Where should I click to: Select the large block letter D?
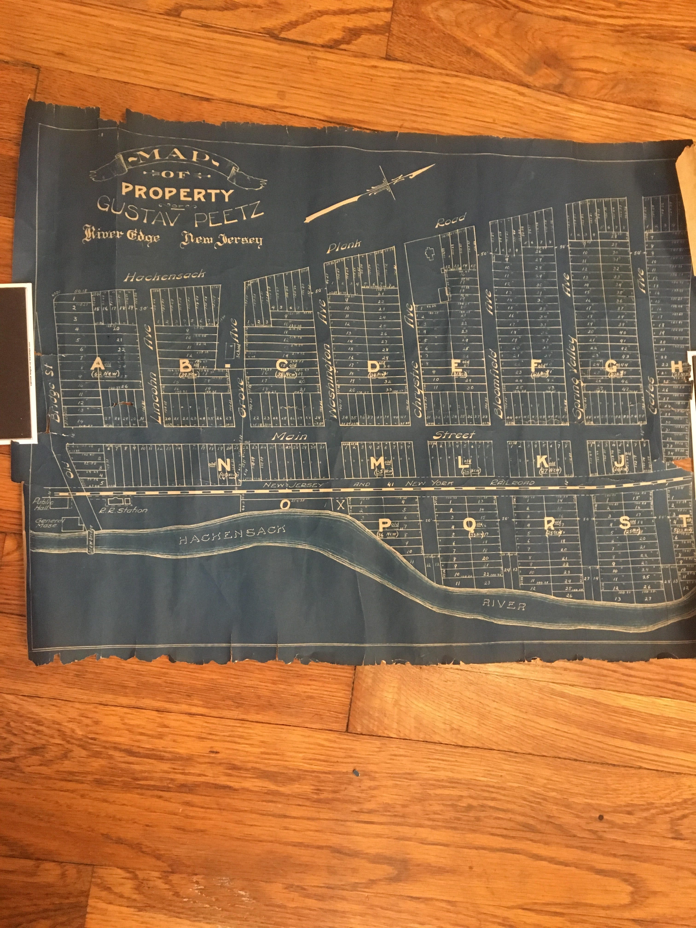coord(373,366)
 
